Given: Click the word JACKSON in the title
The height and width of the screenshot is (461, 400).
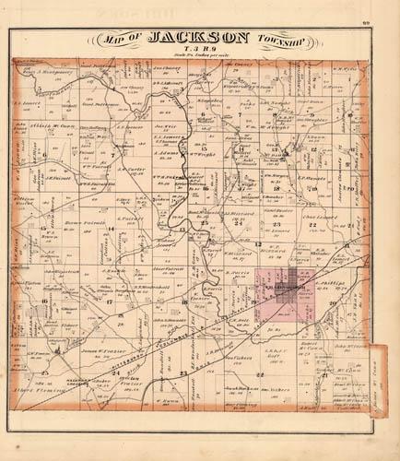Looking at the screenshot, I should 198,38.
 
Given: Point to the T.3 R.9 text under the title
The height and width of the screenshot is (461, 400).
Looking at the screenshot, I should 200,50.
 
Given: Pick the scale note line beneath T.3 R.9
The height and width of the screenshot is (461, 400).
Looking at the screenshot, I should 200,57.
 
